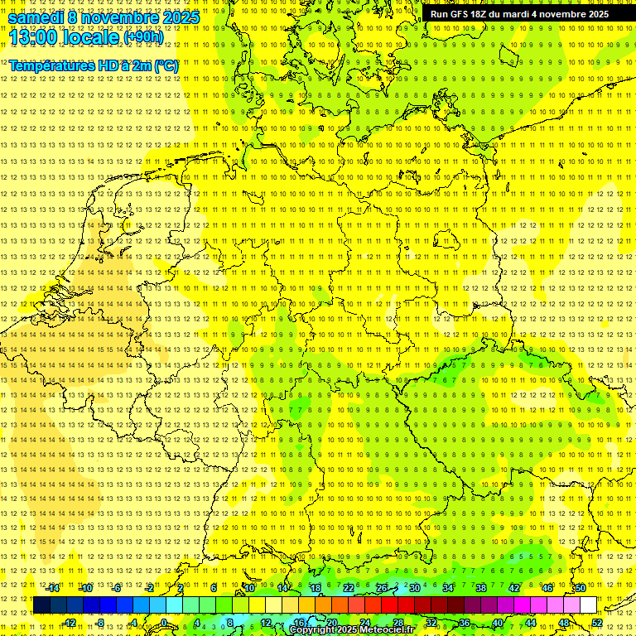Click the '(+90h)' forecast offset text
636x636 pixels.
[x=143, y=37]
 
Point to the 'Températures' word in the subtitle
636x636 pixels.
[x=49, y=65]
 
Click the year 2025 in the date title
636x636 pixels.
[x=178, y=17]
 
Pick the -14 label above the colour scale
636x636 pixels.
[x=53, y=588]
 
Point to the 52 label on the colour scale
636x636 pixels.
[x=597, y=623]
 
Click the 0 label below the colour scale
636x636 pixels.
[x=165, y=623]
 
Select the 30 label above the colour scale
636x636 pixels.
[x=415, y=588]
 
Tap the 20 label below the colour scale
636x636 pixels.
[x=331, y=623]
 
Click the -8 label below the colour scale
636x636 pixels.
[x=100, y=623]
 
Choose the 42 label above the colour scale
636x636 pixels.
[x=513, y=588]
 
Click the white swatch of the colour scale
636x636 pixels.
[x=589, y=605]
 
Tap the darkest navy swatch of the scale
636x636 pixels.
[x=41, y=605]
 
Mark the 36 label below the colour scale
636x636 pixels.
[x=464, y=623]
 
